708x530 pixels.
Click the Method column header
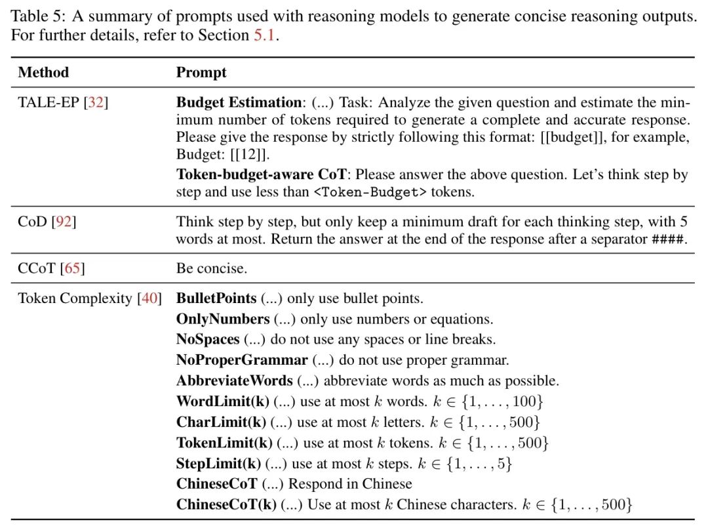[43, 72]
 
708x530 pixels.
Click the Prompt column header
[201, 72]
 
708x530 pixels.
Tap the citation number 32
[96, 103]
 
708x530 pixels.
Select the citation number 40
[150, 298]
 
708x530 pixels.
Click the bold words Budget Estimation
[239, 103]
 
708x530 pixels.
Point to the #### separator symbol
[668, 239]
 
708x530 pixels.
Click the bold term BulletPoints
[216, 298]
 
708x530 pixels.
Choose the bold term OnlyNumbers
[223, 319]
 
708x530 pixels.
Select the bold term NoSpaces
[208, 340]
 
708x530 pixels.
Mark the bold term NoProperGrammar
[242, 360]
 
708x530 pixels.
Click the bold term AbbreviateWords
[235, 381]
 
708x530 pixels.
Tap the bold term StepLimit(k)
[218, 464]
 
